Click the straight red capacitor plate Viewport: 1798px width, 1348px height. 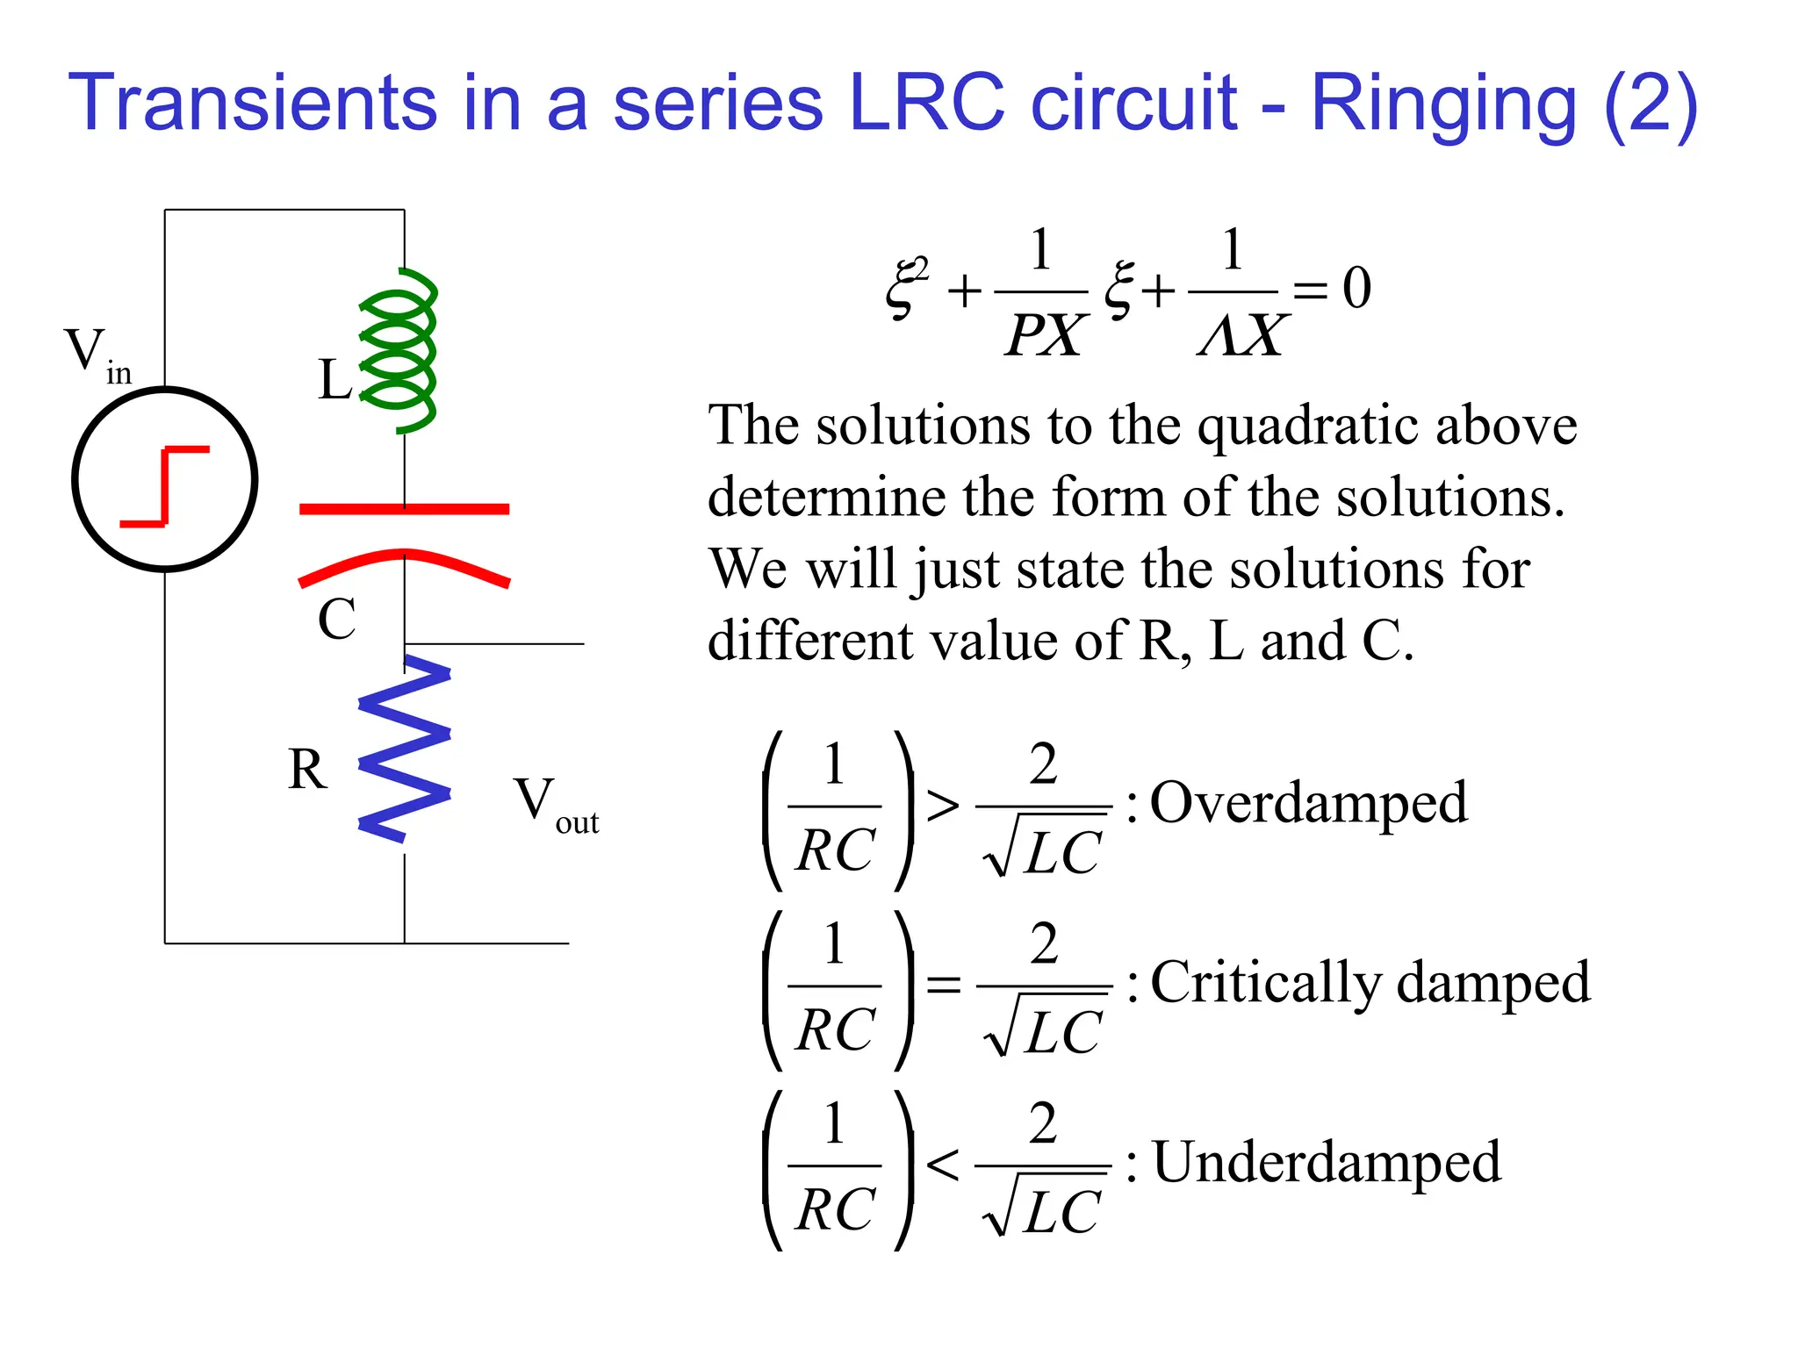click(404, 509)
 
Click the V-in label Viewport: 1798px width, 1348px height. click(97, 355)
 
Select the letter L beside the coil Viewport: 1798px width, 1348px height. click(334, 380)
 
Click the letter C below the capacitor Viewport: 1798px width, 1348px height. click(336, 619)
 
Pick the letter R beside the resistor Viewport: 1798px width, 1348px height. click(307, 770)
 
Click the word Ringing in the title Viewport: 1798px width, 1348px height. click(1443, 105)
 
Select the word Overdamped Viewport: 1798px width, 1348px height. click(1308, 803)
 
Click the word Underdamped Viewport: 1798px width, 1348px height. click(1326, 1163)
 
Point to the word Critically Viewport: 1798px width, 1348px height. click(1265, 983)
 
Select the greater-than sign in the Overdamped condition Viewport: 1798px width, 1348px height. click(942, 806)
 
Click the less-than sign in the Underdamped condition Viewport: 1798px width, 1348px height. click(942, 1165)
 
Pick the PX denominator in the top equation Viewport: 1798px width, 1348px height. click(1044, 334)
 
